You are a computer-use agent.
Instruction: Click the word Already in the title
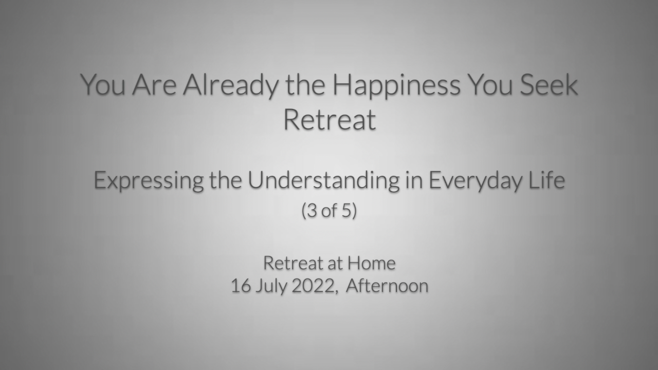(231, 85)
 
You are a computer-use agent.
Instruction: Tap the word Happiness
(396, 85)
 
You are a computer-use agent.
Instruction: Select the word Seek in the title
(549, 85)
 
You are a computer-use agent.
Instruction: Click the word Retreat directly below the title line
(330, 120)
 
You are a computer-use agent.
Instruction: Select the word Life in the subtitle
(546, 180)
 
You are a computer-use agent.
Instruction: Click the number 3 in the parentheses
(312, 210)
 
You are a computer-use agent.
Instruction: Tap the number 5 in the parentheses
(347, 210)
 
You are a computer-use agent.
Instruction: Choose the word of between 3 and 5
(330, 210)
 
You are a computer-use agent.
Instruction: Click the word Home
(372, 263)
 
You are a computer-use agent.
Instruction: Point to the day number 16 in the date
(241, 286)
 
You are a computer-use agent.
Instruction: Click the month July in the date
(271, 287)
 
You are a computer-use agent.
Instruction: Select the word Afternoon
(387, 285)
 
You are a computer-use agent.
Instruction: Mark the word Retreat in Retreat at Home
(293, 263)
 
